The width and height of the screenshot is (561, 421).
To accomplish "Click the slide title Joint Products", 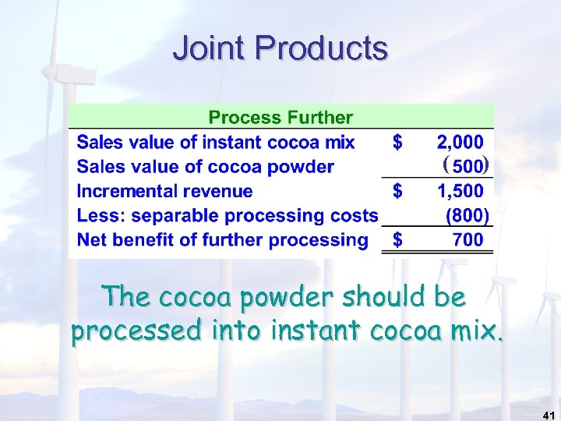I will pos(280,48).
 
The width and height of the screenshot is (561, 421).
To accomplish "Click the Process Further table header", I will pos(280,118).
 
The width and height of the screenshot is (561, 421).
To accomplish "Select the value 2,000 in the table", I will pos(460,142).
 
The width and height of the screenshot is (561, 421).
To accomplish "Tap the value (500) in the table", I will pos(464,166).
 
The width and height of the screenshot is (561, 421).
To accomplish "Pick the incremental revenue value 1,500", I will pos(460,190).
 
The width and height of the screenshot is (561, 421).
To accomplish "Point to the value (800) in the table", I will pos(466,215).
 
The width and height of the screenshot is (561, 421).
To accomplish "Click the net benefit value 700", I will pos(467,240).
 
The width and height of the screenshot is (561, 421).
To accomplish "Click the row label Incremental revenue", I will pos(164,191).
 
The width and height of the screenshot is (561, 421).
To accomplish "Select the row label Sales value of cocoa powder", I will pos(205,167).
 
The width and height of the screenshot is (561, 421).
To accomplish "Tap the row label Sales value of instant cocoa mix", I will pos(215,142).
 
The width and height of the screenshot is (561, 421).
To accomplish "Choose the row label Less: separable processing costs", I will pos(227,215).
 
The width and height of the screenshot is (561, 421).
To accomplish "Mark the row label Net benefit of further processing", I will pos(222,240).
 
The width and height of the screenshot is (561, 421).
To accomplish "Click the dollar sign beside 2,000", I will pos(397,142).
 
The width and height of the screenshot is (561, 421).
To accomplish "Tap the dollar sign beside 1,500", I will pos(397,190).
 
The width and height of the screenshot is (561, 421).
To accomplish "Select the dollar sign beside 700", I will pos(397,240).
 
